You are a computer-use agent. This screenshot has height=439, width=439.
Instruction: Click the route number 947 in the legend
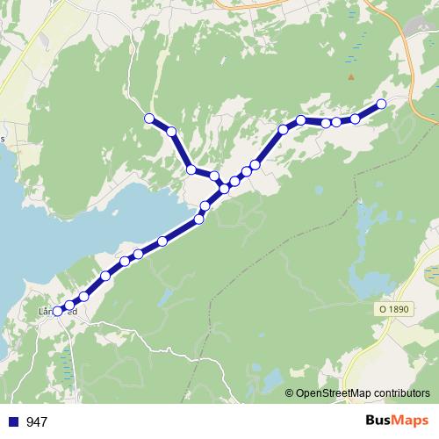coord(37,421)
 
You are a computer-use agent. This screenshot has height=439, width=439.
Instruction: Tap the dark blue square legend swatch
coord(13,421)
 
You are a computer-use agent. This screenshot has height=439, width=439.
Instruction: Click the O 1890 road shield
coord(395,309)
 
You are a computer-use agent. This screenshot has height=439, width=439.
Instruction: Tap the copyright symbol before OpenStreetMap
coord(291,393)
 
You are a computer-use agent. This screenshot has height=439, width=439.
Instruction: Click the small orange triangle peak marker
coord(350,76)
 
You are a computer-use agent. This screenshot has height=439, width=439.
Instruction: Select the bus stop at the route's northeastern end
coord(382,104)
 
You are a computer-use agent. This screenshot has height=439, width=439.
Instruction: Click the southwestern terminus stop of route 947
coord(58,311)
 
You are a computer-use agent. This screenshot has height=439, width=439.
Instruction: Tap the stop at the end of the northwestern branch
coord(149,119)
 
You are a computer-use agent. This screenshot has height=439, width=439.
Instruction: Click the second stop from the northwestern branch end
coord(171,132)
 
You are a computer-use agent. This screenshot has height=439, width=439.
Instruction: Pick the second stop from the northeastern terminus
coord(356,119)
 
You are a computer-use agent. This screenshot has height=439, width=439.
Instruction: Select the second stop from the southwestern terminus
coord(69,306)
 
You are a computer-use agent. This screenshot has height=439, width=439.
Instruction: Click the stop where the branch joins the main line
coord(224,188)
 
